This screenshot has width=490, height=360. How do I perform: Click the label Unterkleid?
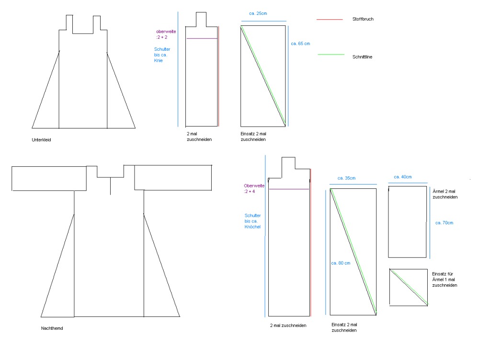click(41, 140)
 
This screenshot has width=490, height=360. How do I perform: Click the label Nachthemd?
click(52, 328)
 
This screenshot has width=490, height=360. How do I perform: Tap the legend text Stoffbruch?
click(363, 19)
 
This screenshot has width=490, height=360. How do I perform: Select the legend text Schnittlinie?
click(362, 57)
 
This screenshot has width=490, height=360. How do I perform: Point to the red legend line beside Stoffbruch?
click(330, 19)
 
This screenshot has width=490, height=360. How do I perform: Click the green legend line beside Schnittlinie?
click(331, 55)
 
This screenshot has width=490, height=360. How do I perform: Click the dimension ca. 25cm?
click(258, 13)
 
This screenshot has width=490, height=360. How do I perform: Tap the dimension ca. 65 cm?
click(300, 44)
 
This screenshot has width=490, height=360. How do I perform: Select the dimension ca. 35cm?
click(346, 178)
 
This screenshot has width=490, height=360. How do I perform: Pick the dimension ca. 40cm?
click(402, 177)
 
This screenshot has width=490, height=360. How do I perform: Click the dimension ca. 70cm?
click(444, 223)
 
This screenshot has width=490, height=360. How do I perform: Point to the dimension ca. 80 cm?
click(341, 263)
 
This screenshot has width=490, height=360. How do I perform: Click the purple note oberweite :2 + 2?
click(166, 34)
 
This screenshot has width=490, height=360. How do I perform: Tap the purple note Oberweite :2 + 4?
click(254, 188)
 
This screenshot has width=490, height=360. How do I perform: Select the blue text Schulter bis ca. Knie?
click(162, 55)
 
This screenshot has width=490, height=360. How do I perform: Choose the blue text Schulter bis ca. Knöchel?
click(252, 221)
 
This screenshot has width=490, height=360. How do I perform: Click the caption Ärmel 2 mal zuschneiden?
click(445, 194)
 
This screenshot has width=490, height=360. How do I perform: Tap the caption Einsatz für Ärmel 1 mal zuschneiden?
click(444, 279)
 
